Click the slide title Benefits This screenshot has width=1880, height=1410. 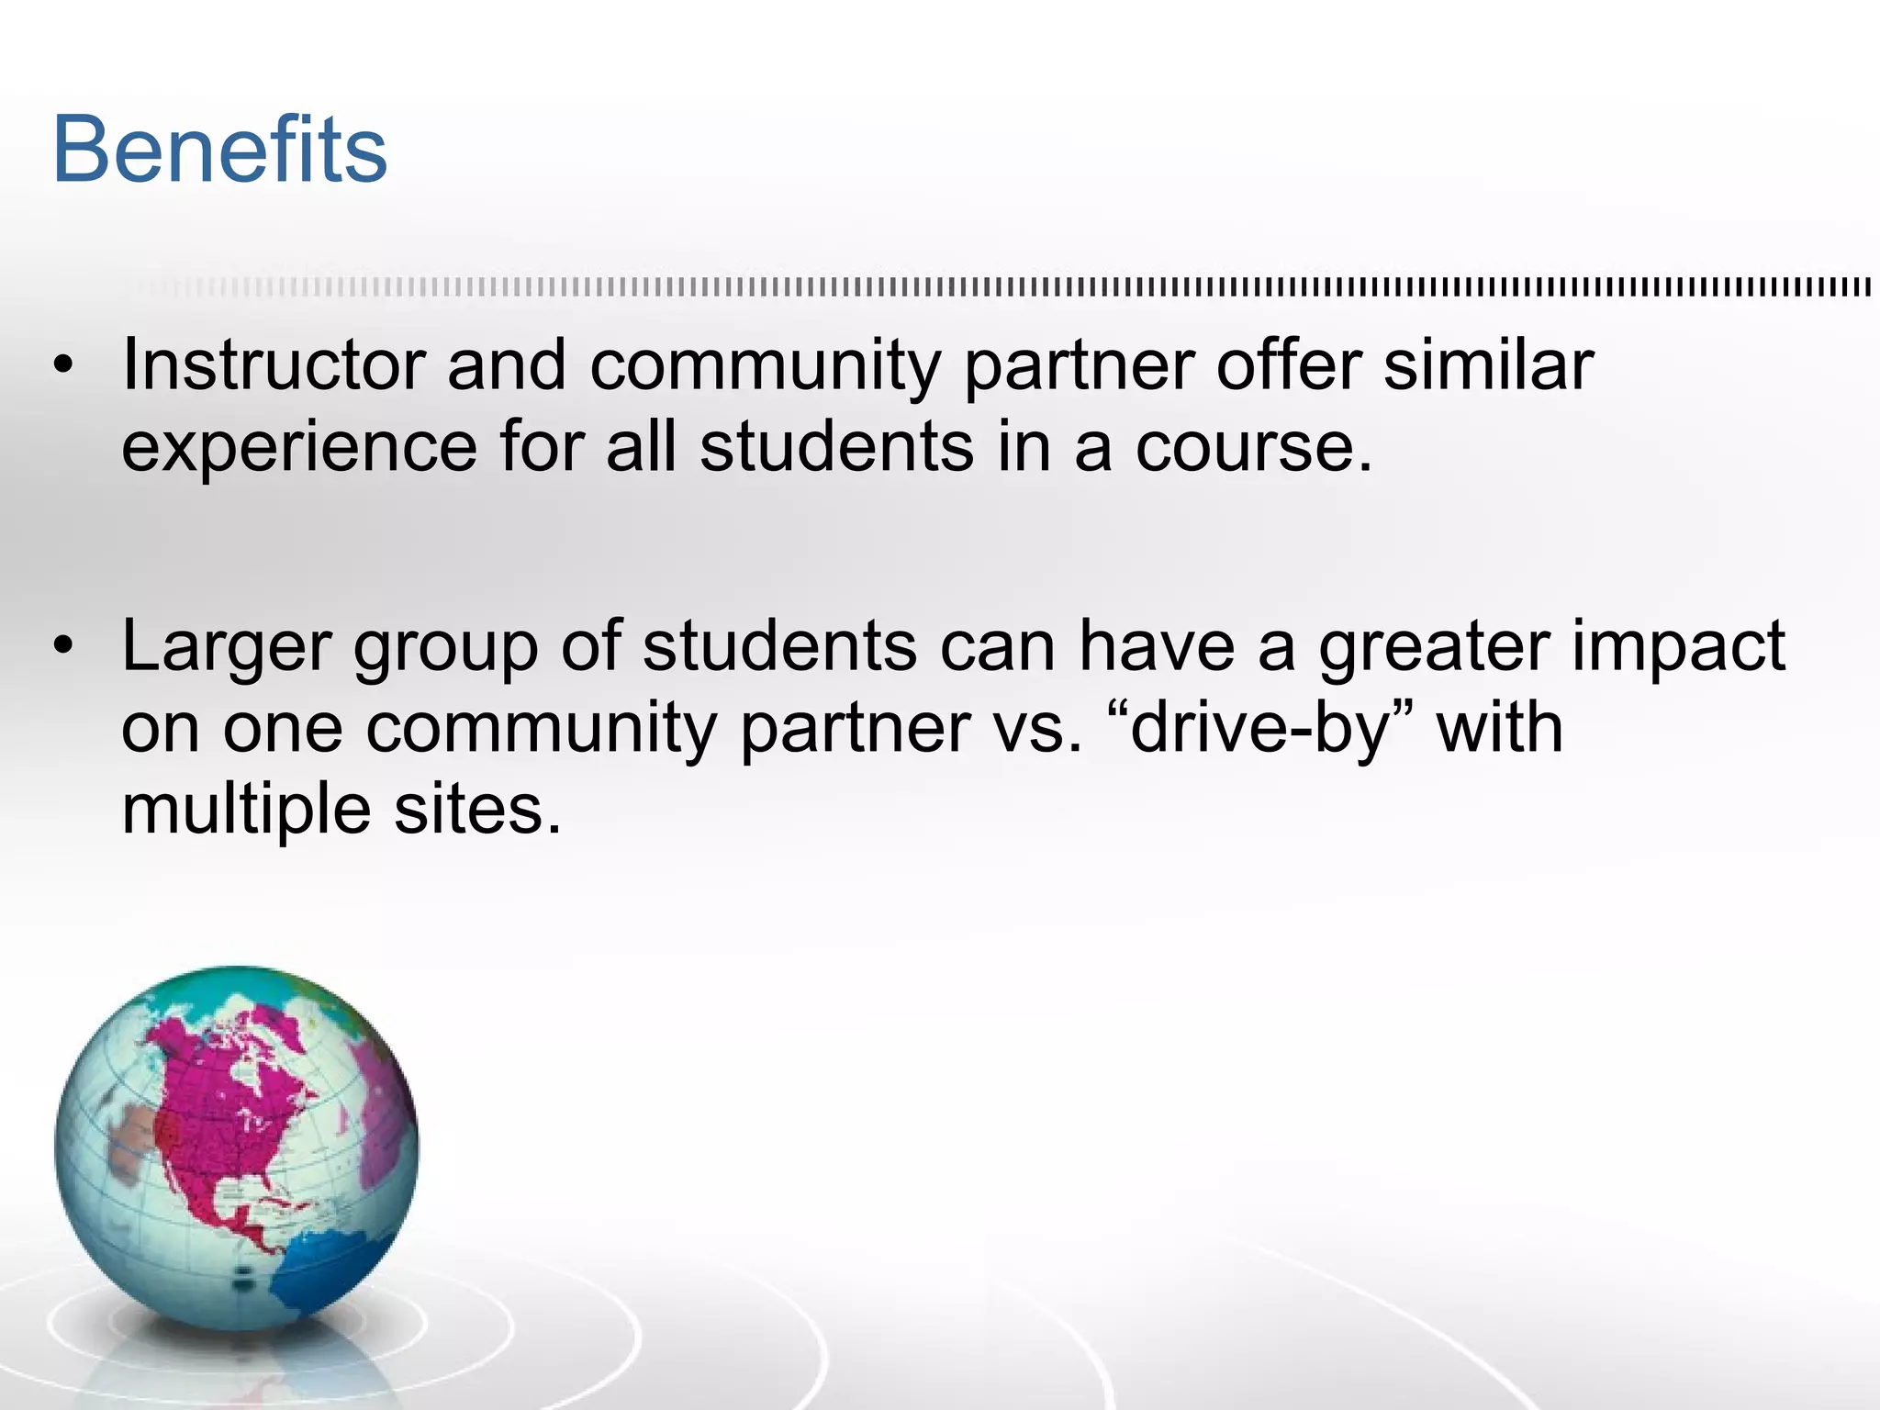click(x=220, y=150)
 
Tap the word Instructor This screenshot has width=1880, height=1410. click(x=273, y=365)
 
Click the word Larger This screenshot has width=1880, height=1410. click(x=226, y=646)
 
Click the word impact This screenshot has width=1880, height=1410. click(x=1679, y=648)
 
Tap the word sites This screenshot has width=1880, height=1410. click(x=477, y=810)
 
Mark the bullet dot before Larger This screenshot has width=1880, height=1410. click(x=62, y=648)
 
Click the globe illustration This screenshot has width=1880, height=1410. click(x=237, y=1148)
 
